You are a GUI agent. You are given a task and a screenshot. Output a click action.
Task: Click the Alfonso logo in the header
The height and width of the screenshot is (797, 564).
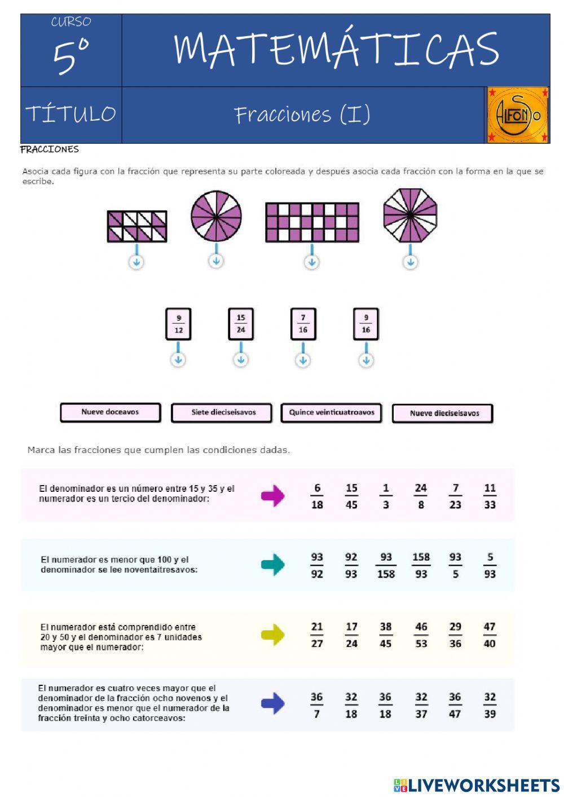tap(517, 115)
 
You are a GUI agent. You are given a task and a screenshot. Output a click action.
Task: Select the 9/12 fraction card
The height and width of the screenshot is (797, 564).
tap(179, 324)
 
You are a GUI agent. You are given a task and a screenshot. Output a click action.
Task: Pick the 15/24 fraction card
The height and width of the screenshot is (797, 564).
tap(241, 324)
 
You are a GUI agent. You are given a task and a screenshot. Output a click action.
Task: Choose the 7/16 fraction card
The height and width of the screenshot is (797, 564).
tap(303, 324)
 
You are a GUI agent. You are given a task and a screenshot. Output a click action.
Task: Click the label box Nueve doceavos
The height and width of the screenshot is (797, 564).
tap(111, 412)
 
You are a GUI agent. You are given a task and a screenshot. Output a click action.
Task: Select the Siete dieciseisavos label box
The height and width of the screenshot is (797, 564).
tap(221, 413)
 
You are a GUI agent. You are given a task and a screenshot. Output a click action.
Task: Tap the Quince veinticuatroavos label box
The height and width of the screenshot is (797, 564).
tap(331, 413)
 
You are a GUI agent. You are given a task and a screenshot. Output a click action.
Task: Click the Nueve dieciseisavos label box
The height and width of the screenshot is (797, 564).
tap(443, 413)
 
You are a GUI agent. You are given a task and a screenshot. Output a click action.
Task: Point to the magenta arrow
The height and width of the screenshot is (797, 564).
tap(272, 496)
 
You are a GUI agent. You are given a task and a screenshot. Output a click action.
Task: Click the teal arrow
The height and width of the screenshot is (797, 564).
tap(272, 565)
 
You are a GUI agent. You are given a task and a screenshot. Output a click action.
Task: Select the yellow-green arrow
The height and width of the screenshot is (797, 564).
tap(272, 635)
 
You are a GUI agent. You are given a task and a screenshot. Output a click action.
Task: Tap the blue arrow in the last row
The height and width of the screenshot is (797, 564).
tap(272, 703)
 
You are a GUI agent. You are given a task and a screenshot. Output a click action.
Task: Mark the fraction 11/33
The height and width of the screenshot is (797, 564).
tap(490, 496)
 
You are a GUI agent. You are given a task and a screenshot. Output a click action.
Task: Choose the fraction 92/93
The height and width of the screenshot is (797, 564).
tap(351, 565)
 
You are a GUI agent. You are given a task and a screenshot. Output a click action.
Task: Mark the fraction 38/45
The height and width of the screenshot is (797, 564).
tap(386, 635)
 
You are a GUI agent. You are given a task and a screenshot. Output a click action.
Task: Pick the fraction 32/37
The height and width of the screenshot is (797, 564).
tap(421, 705)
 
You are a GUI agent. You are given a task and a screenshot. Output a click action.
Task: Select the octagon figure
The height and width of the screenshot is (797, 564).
tap(410, 215)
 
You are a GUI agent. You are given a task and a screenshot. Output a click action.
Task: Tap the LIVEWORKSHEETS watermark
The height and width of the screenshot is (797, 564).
tap(477, 785)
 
